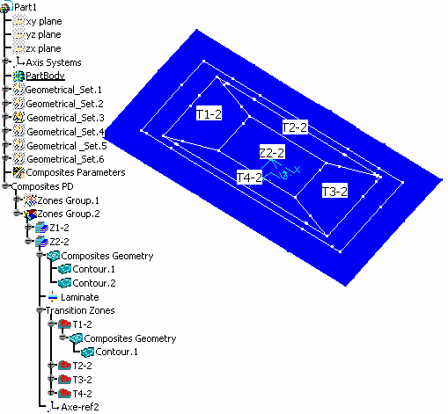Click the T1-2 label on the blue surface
tap(209, 113)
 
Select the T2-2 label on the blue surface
tap(295, 127)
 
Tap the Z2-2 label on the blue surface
tap(272, 152)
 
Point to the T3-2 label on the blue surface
tap(334, 191)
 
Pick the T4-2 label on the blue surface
tap(249, 177)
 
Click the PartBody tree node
tap(45, 76)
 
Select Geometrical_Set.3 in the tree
tap(65, 118)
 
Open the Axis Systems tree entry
tap(54, 62)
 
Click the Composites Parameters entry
tap(76, 172)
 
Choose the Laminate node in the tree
tap(80, 297)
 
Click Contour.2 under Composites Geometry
tap(94, 283)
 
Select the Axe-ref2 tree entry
tap(80, 407)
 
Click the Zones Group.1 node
tap(68, 200)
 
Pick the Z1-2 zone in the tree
tap(59, 228)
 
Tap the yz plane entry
tap(43, 34)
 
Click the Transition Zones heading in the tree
tap(80, 310)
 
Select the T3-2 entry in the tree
tap(82, 380)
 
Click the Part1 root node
tap(26, 7)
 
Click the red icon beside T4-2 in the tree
tap(64, 393)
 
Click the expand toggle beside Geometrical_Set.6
tap(5, 158)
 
